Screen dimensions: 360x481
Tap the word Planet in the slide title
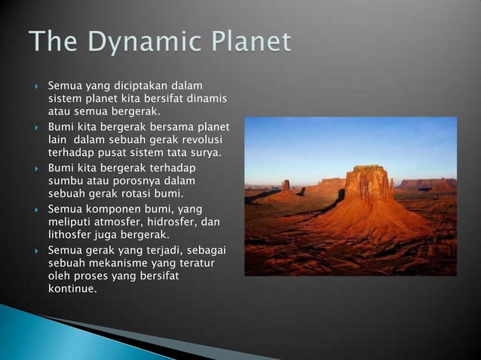click(x=244, y=42)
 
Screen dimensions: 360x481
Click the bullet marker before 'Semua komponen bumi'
click(x=36, y=209)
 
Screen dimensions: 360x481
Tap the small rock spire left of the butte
click(x=286, y=185)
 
